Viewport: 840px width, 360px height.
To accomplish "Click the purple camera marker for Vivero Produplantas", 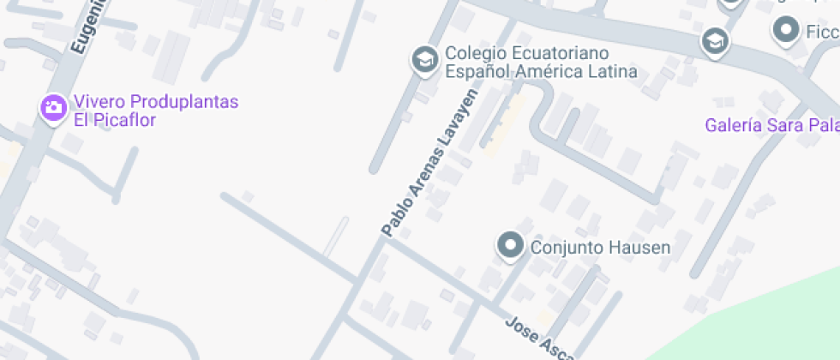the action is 53,107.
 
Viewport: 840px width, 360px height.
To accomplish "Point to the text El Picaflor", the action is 114,120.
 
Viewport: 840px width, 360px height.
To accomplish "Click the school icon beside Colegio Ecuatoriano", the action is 423,59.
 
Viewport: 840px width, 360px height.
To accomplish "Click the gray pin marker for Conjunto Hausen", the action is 511,245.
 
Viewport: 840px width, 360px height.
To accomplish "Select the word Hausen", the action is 639,249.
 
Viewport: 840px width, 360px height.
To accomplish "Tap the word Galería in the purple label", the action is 733,126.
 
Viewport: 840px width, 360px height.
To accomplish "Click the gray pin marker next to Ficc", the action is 785,31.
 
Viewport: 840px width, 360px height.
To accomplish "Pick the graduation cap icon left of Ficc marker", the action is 713,40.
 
